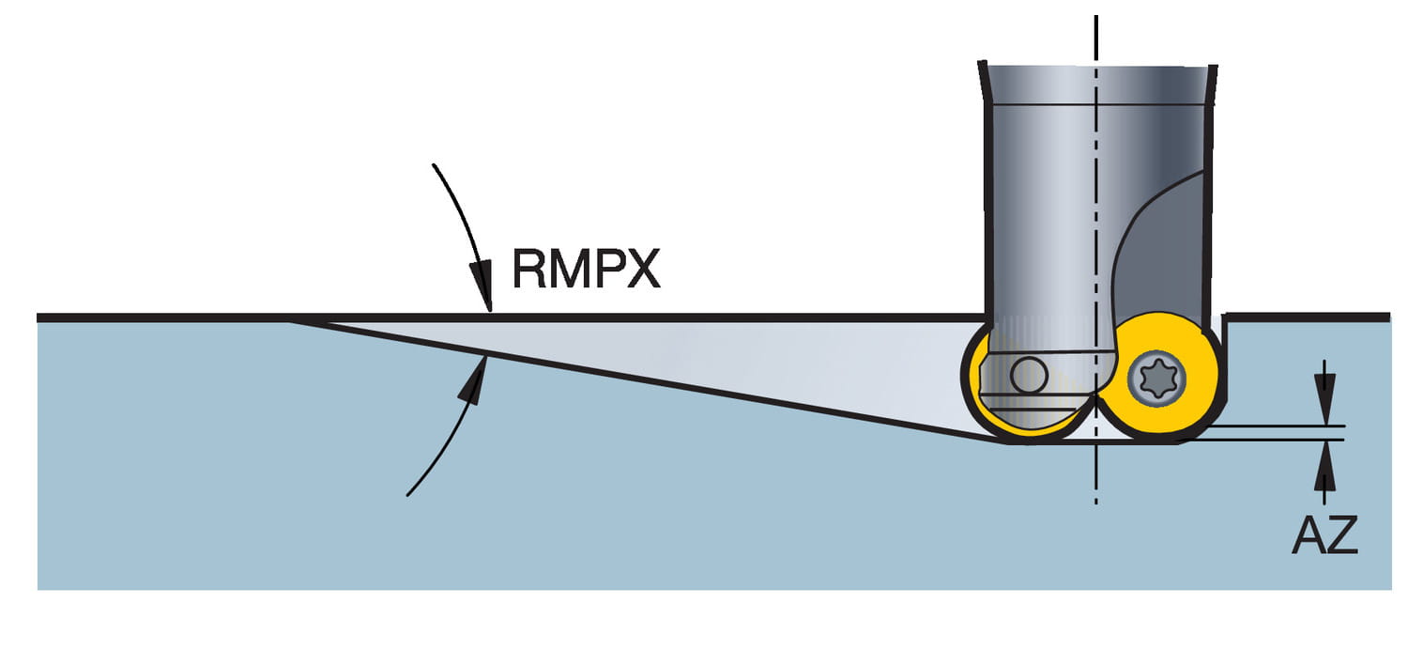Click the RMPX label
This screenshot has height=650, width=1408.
point(586,270)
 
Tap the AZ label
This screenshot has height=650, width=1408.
point(1324,535)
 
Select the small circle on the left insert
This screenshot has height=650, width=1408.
point(1030,376)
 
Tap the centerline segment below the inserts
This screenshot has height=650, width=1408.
point(1095,479)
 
